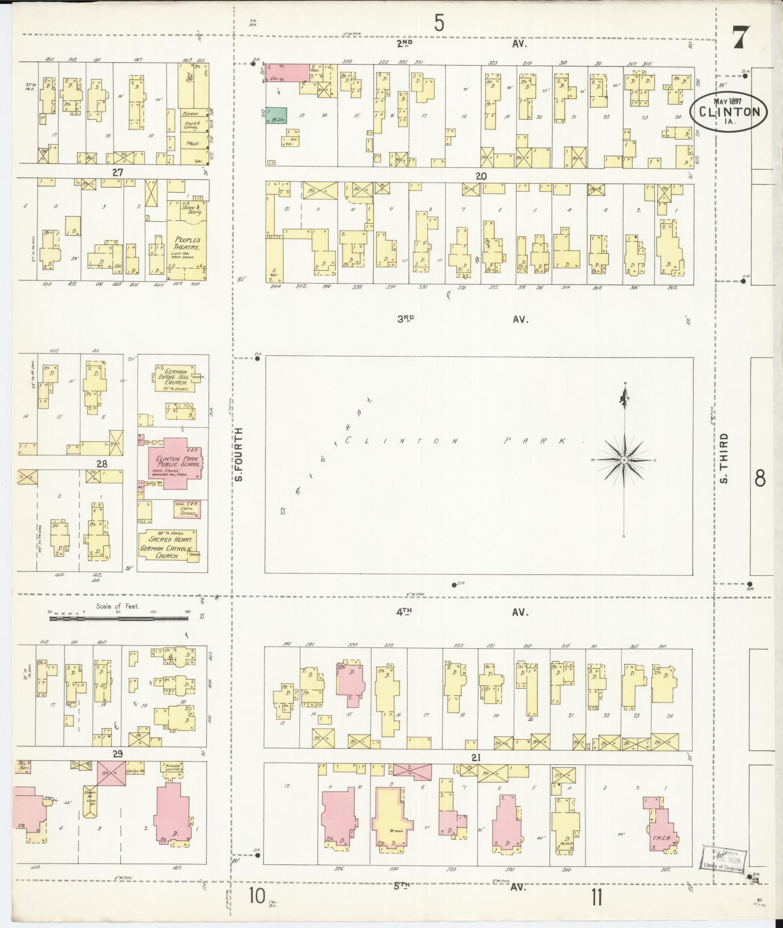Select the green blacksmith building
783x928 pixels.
[276, 115]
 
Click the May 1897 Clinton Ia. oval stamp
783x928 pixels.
[730, 111]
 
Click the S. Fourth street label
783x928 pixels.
[238, 455]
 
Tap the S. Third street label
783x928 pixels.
[724, 458]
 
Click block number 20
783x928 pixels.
[481, 176]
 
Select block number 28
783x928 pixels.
[101, 464]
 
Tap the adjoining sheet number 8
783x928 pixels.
[760, 478]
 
